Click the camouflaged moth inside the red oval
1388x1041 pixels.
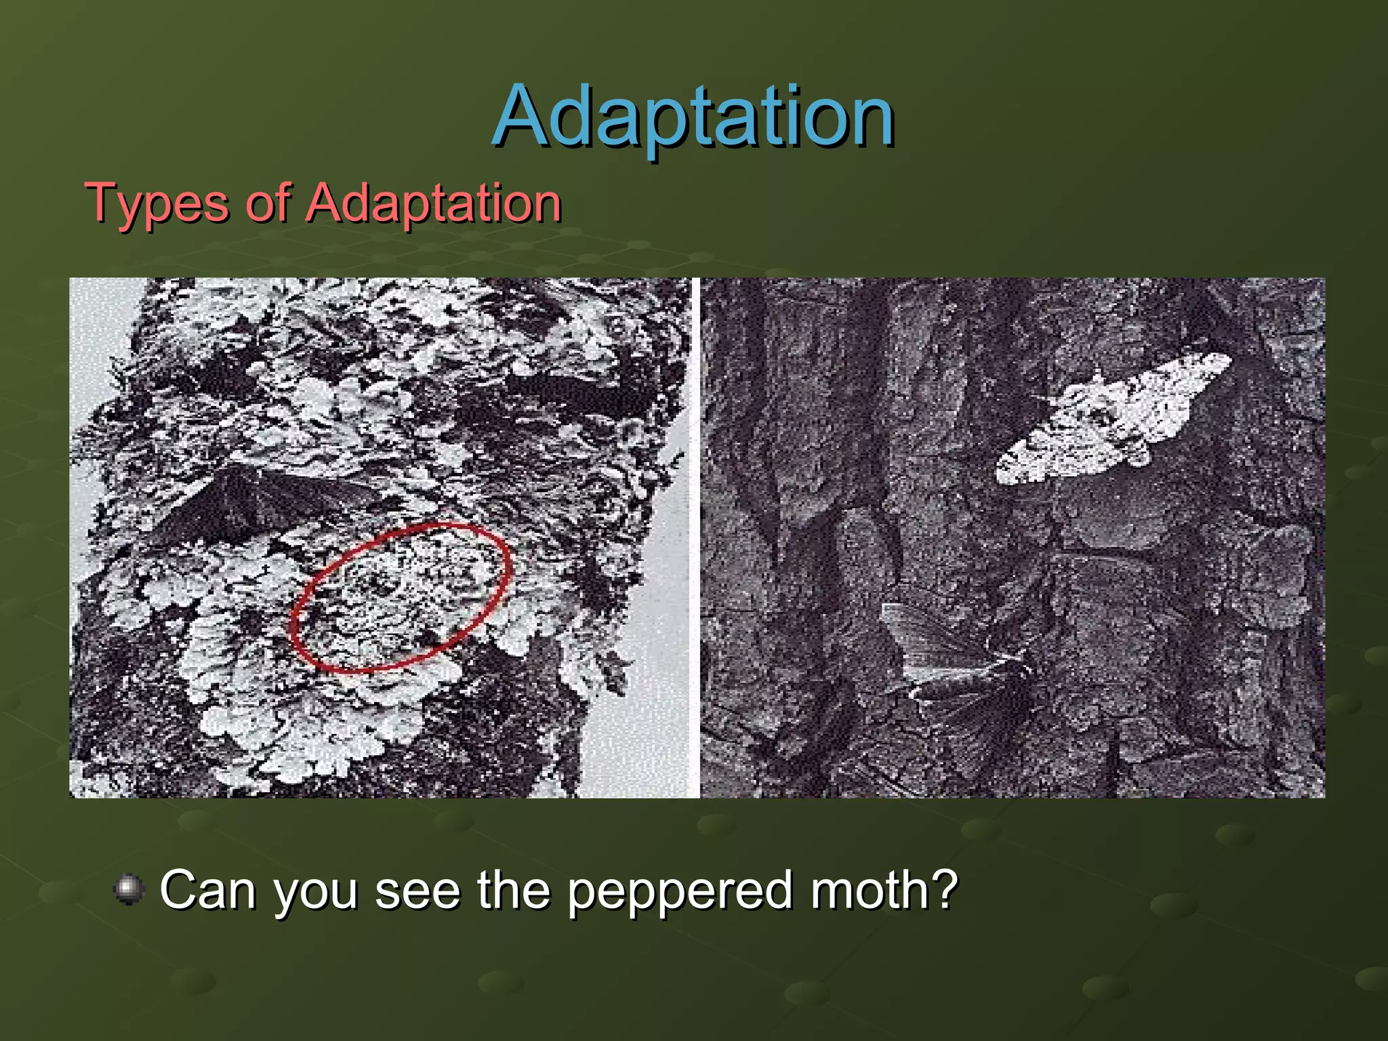(400, 596)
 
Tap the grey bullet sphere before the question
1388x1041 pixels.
(129, 889)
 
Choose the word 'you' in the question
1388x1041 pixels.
(316, 893)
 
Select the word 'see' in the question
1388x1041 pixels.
(417, 891)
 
